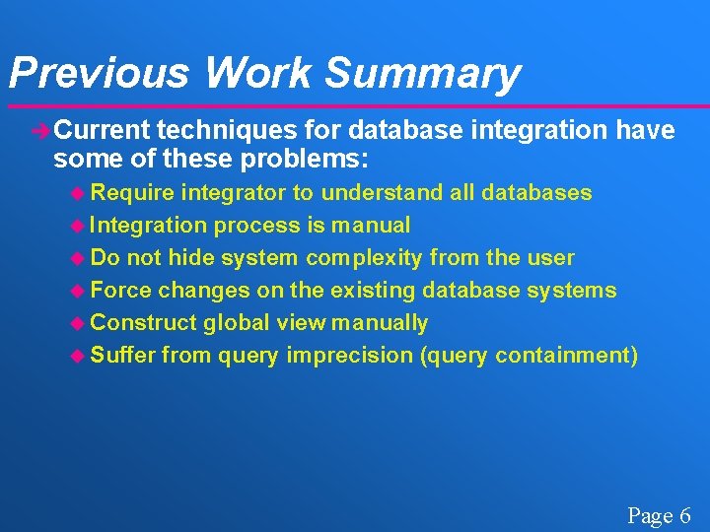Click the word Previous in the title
[97, 73]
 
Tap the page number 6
[683, 515]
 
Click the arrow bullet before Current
[40, 130]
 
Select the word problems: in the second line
[312, 159]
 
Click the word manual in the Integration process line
[370, 225]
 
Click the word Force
[121, 290]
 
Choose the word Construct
[143, 322]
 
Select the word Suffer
[122, 355]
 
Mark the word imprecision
[349, 355]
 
